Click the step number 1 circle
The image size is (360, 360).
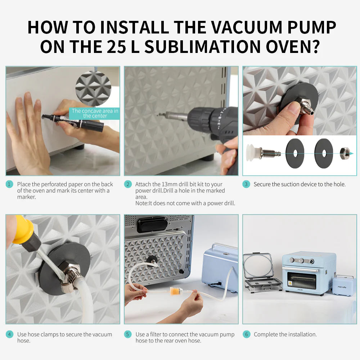pos(9,184)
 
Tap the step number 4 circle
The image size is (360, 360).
pos(9,334)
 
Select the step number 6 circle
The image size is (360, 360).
pos(246,334)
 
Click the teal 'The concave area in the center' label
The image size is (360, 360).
pos(95,113)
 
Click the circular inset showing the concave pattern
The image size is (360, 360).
pos(93,89)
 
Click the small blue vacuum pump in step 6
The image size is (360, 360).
pos(343,285)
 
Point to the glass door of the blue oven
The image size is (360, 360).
pos(301,280)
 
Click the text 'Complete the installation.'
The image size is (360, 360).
pos(285,334)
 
